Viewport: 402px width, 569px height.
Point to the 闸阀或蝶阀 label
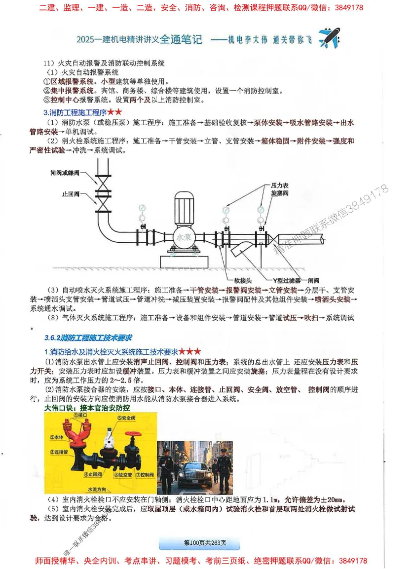point(67,172)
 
